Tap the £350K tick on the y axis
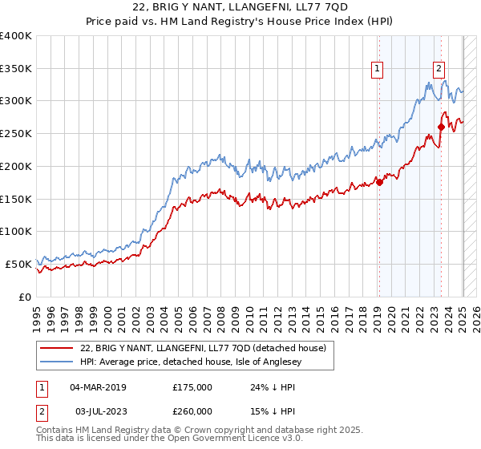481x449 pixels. pyautogui.click(x=16, y=68)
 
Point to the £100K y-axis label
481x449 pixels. pyautogui.click(x=16, y=231)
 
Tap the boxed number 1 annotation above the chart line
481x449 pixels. pyautogui.click(x=377, y=70)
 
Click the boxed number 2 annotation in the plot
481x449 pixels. pyautogui.click(x=439, y=70)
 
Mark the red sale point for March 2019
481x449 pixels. pyautogui.click(x=379, y=182)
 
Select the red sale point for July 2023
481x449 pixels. pyautogui.click(x=441, y=127)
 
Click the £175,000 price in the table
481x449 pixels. pyautogui.click(x=192, y=387)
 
